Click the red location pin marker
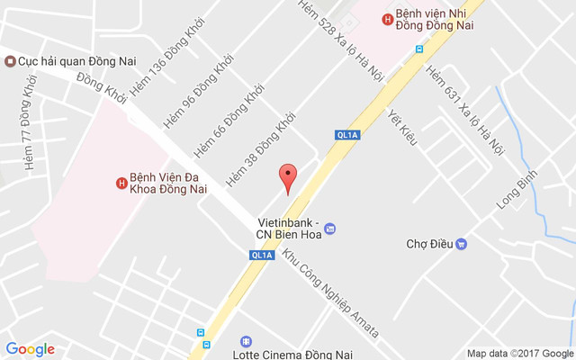point(287,177)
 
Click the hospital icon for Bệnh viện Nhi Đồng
point(387,19)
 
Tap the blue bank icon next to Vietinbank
point(329,229)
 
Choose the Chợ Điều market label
point(427,243)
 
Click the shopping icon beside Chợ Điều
point(462,243)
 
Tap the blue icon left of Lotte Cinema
point(246,342)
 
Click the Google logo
point(31,349)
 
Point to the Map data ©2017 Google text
point(519,353)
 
